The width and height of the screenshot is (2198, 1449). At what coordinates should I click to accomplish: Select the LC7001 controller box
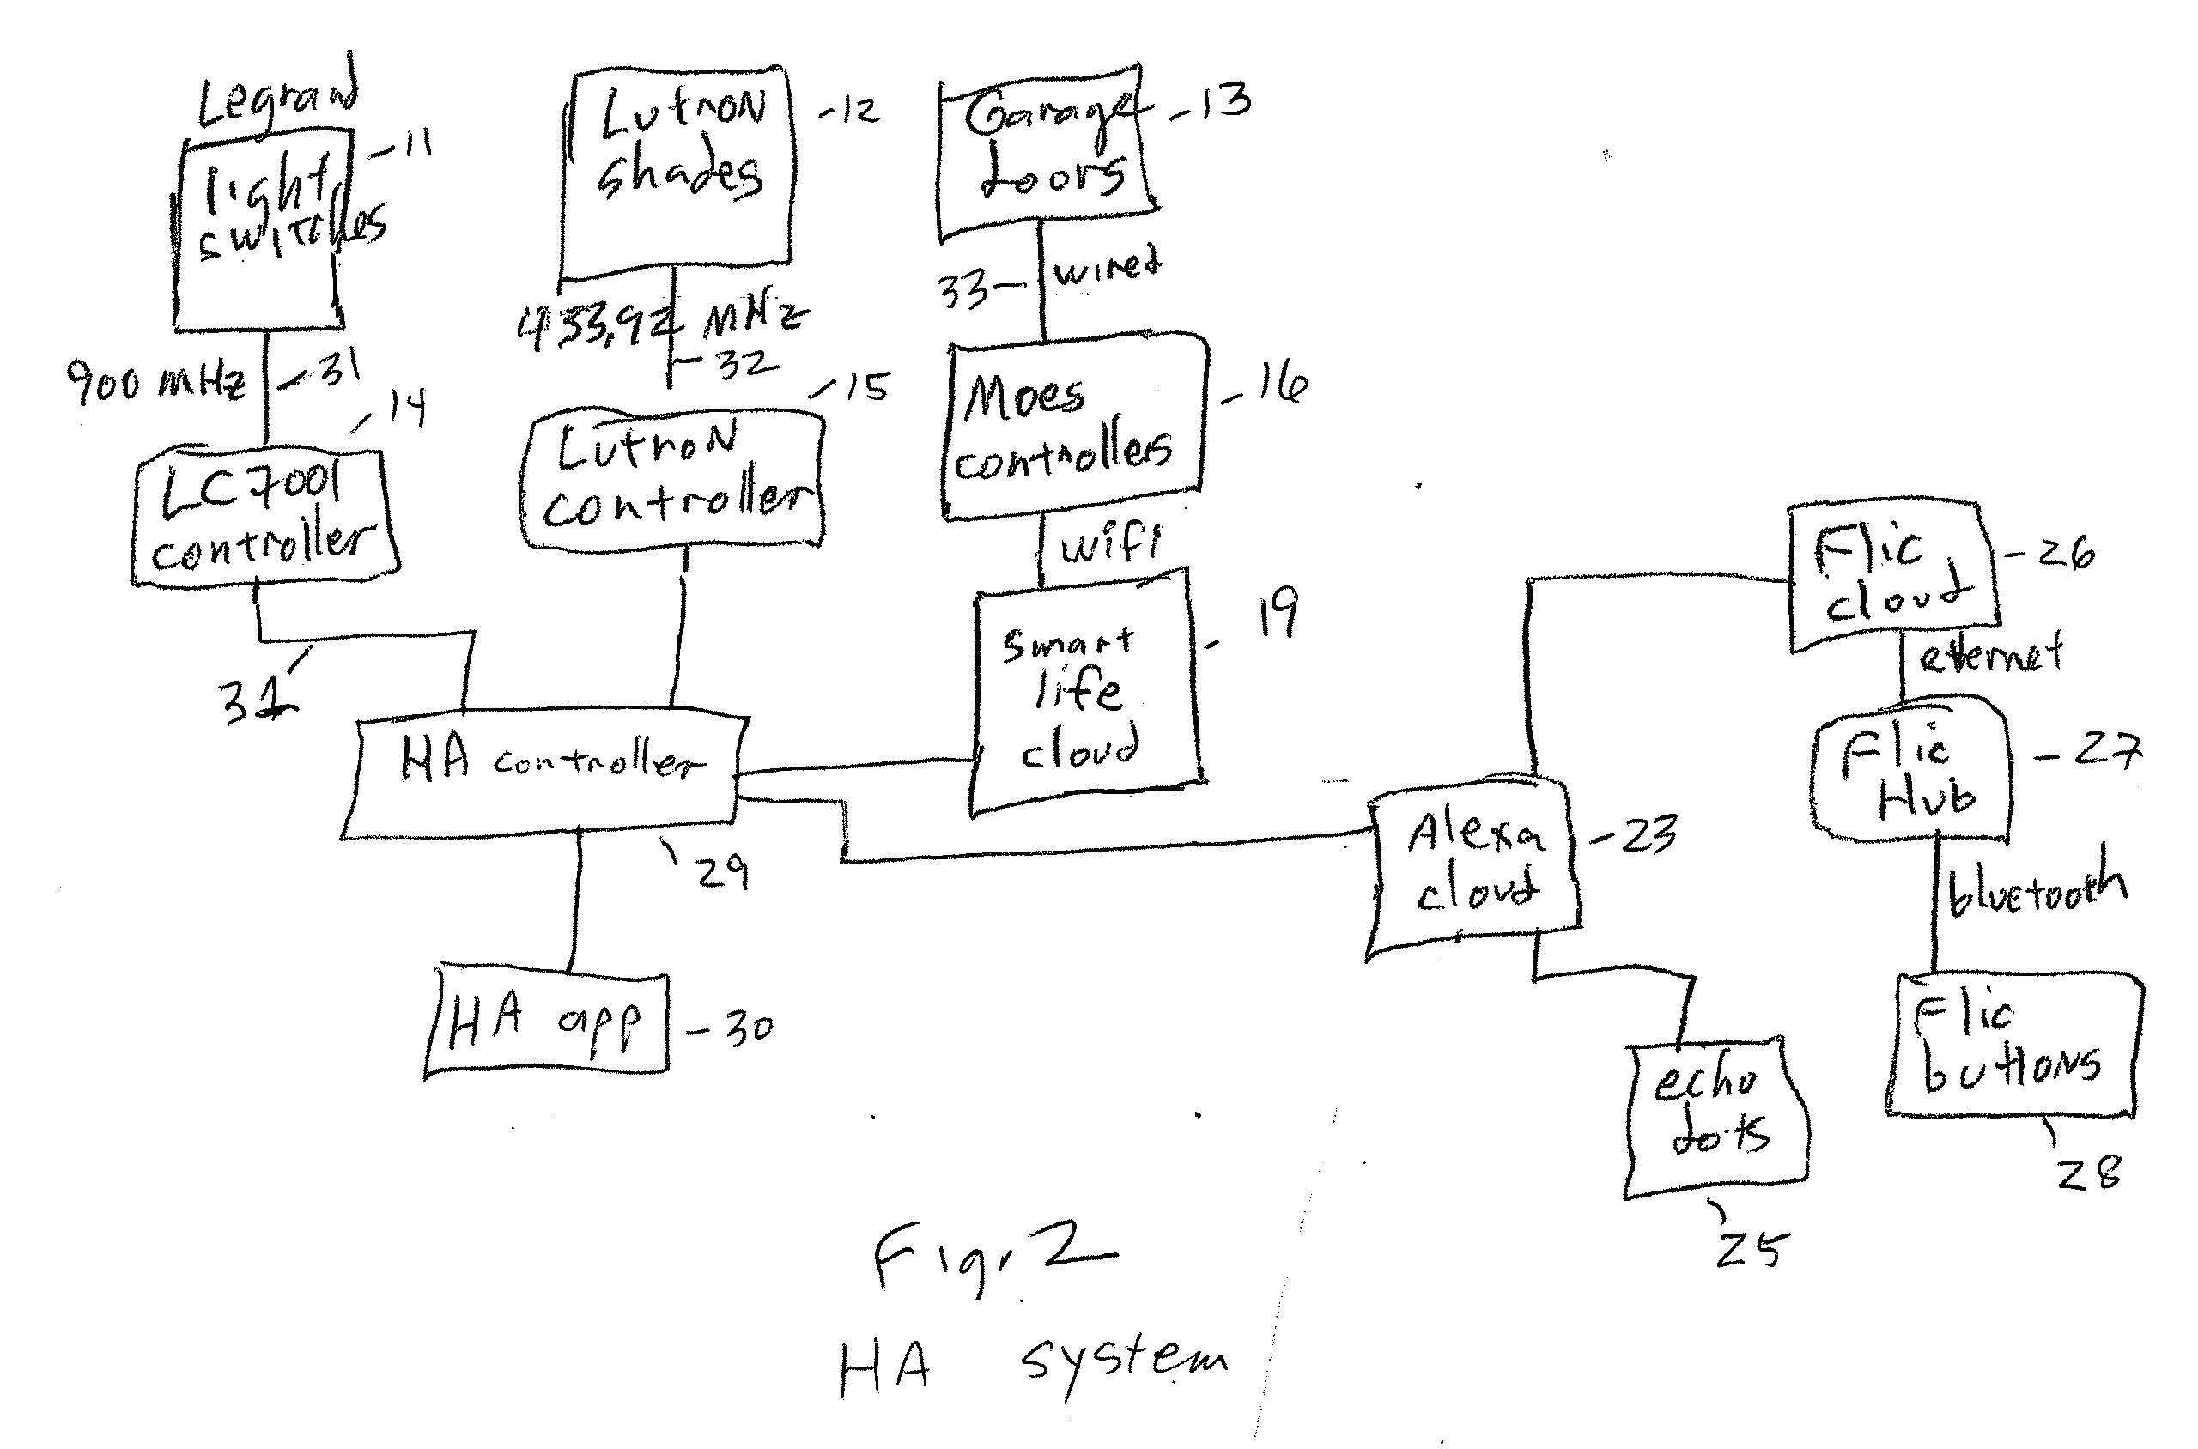(x=264, y=518)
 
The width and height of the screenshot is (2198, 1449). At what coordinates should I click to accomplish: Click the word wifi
(x=1109, y=543)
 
